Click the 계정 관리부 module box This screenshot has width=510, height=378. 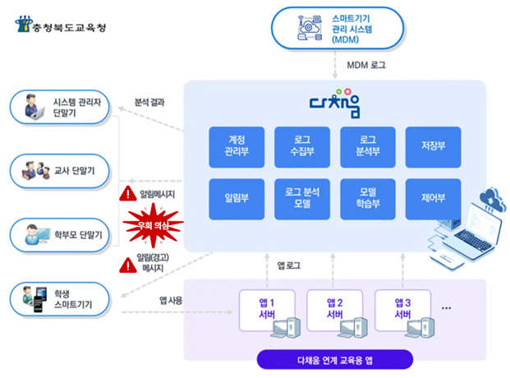click(x=237, y=147)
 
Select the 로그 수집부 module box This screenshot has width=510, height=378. click(x=302, y=147)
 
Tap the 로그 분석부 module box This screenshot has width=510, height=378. click(x=368, y=147)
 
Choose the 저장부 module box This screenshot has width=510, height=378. click(x=434, y=147)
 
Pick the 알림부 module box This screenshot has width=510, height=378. click(x=237, y=199)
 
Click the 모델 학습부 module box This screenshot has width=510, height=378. click(x=368, y=199)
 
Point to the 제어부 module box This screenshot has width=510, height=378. click(x=434, y=199)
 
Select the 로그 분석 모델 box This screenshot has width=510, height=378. click(x=302, y=199)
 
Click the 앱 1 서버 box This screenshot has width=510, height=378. click(x=267, y=311)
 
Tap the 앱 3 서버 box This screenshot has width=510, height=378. click(x=403, y=311)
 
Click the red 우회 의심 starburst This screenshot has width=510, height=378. click(x=153, y=225)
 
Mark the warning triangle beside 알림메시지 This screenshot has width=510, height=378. click(x=128, y=193)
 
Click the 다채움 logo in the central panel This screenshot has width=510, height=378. click(x=335, y=104)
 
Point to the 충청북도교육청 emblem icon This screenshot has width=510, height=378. click(x=24, y=24)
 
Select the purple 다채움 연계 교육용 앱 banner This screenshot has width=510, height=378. click(x=335, y=359)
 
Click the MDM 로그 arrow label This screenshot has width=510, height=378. click(x=366, y=65)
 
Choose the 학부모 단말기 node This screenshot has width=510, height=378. click(x=60, y=235)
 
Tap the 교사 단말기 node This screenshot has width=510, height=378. click(x=60, y=171)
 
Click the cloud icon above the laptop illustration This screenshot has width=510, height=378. click(x=493, y=198)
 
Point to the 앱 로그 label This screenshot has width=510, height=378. click(x=289, y=265)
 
